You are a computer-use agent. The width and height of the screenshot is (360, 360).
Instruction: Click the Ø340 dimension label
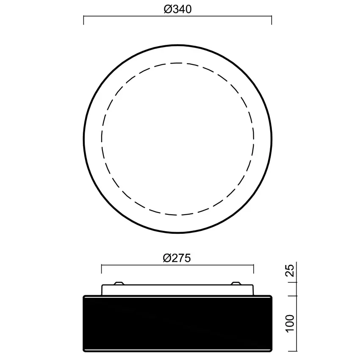(177, 9)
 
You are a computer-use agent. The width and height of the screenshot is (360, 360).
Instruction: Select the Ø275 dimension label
(177, 258)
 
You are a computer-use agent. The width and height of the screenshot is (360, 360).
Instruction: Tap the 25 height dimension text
(290, 270)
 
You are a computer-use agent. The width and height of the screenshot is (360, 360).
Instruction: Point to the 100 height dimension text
(290, 323)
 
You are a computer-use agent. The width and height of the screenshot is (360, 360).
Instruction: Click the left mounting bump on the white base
(119, 283)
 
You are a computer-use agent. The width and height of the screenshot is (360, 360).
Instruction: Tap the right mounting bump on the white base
(236, 283)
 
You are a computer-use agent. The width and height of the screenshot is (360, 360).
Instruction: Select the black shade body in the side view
(177, 323)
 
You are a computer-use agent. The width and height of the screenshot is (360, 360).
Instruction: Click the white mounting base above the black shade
(177, 290)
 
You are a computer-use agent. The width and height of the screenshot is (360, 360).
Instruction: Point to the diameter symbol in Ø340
(167, 9)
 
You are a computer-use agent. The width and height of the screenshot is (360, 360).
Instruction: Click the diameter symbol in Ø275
(167, 258)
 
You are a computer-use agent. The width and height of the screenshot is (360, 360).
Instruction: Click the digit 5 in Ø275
(188, 258)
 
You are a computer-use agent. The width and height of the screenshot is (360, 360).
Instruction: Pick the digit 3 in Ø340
(174, 9)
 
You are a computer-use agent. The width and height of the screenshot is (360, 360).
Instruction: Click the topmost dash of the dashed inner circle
(177, 63)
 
